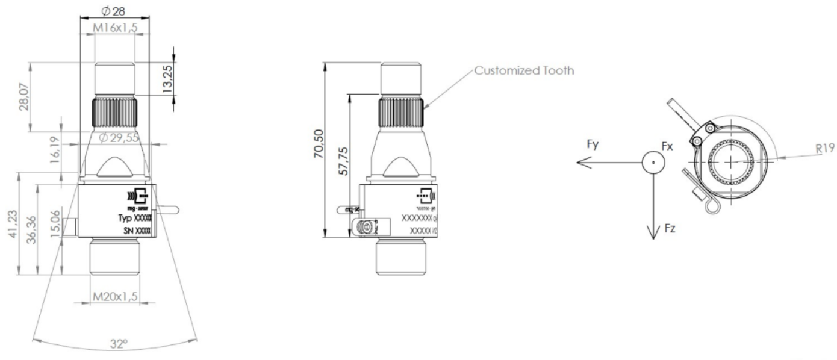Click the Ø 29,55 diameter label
click(119, 137)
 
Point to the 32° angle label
click(117, 344)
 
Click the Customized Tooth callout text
click(523, 70)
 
